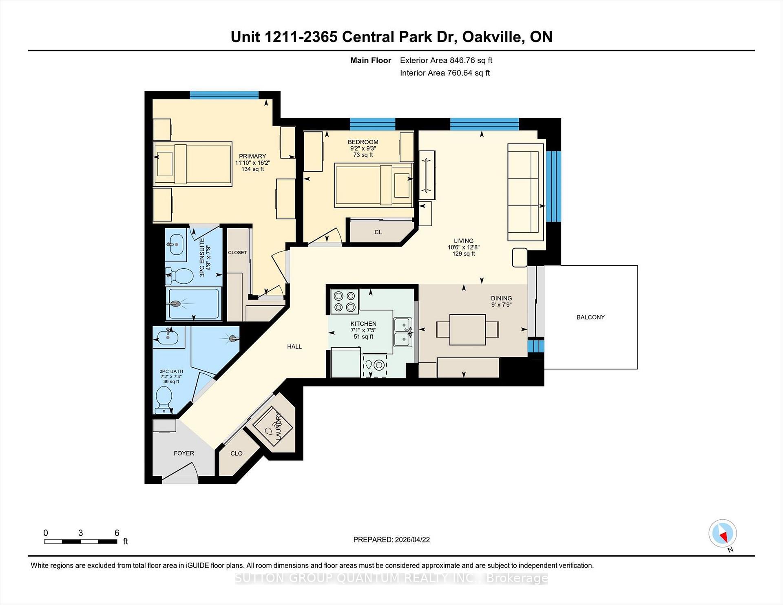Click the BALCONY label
[590, 317]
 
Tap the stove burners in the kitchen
[344, 302]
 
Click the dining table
[467, 329]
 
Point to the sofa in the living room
[525, 192]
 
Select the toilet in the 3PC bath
[164, 397]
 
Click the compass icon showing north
[723, 533]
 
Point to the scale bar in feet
[81, 541]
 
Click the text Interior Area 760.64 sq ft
[445, 73]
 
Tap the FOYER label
[184, 453]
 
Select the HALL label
[294, 347]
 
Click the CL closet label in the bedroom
[378, 232]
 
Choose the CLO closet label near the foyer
[236, 453]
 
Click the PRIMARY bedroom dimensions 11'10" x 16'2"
[252, 163]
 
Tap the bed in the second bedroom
[373, 185]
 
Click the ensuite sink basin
[176, 244]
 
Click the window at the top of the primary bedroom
[224, 95]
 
